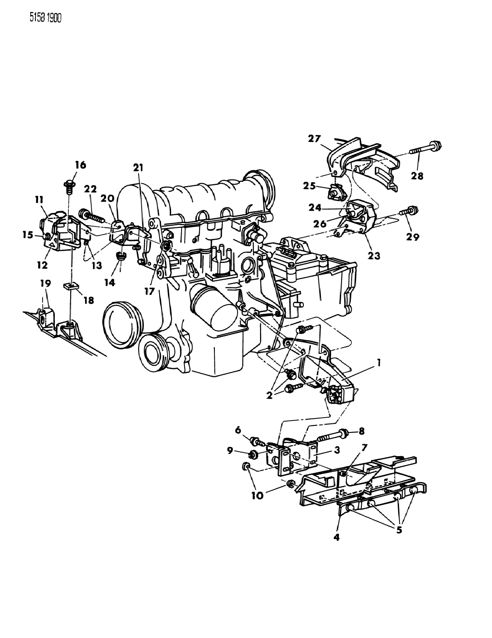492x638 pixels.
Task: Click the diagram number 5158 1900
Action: click(x=46, y=18)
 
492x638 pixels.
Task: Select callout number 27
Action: click(x=314, y=138)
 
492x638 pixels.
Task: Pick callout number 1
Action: click(x=379, y=363)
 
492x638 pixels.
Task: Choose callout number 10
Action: click(x=257, y=496)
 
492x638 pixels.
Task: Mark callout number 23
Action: click(x=374, y=256)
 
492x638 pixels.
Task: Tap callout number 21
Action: click(x=138, y=168)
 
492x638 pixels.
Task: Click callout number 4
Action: click(x=337, y=537)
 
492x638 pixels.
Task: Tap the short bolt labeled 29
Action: click(x=409, y=211)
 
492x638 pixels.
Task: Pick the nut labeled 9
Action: click(x=253, y=463)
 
